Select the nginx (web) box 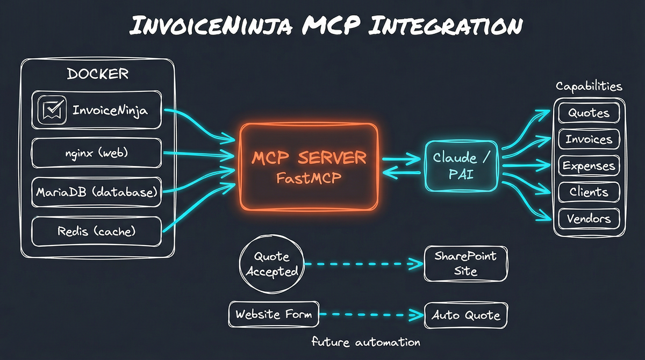click(96, 153)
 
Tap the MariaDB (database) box click(96, 192)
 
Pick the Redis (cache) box click(96, 232)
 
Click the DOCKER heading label click(97, 74)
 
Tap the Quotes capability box click(589, 113)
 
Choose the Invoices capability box click(589, 140)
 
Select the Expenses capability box click(589, 166)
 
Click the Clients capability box click(589, 192)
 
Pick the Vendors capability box click(589, 219)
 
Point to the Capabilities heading click(589, 87)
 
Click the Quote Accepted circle click(271, 264)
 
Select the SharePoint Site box click(465, 263)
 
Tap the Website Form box click(274, 314)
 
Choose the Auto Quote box click(465, 315)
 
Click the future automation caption click(365, 342)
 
